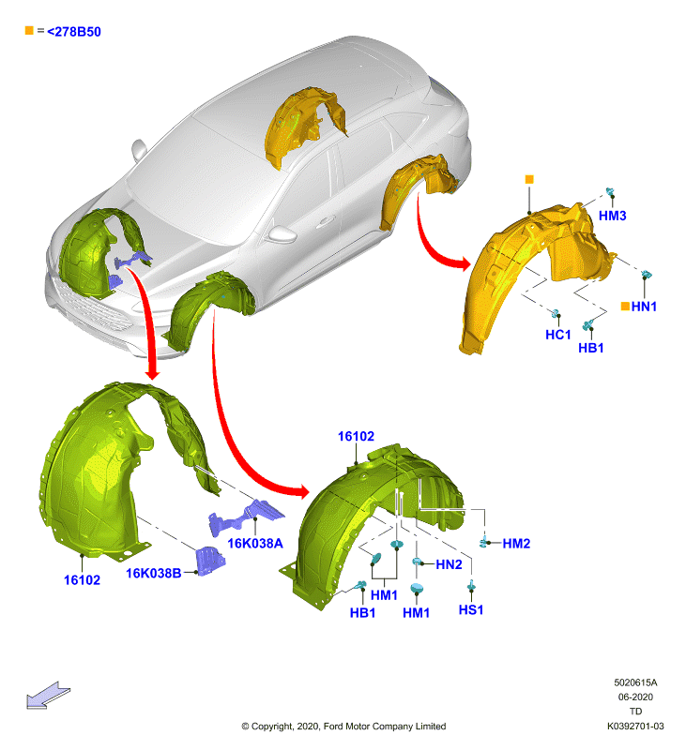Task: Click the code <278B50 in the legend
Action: (74, 32)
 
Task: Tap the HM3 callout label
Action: (612, 216)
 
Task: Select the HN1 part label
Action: (644, 307)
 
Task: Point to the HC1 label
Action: (558, 335)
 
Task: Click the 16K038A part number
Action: (255, 544)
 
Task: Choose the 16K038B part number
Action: (154, 573)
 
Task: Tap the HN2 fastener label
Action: (449, 565)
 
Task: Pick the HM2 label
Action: (516, 544)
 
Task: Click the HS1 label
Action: (471, 610)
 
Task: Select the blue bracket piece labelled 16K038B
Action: (210, 561)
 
